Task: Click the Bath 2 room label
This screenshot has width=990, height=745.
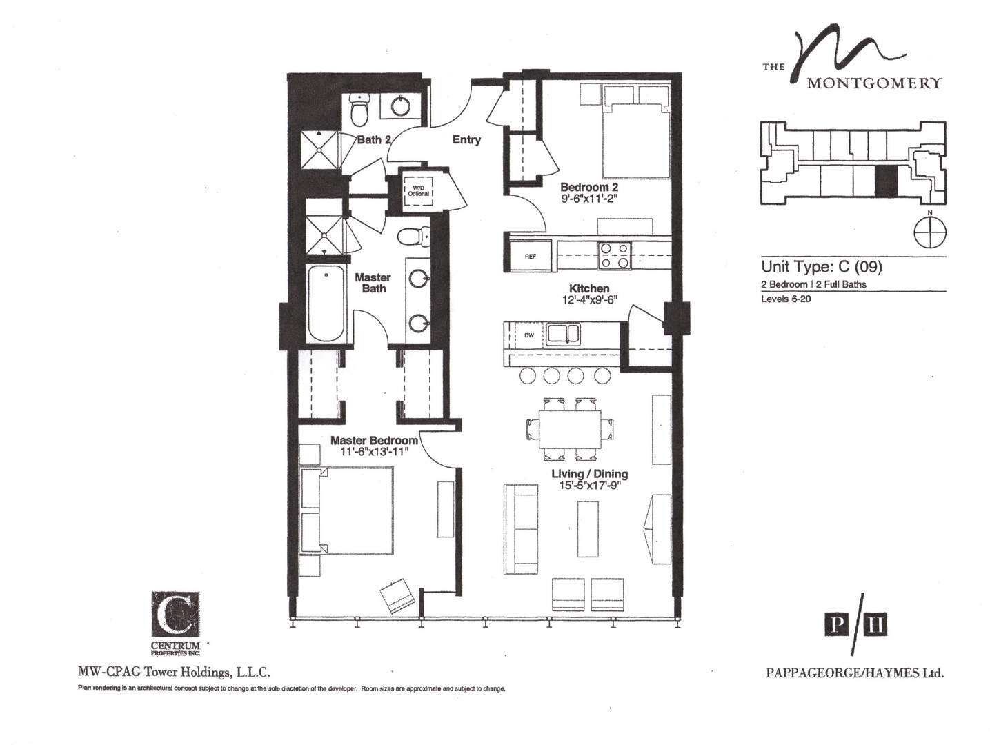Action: click(373, 140)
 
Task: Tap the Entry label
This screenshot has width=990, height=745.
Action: click(466, 140)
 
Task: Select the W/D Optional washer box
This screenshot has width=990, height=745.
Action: click(418, 190)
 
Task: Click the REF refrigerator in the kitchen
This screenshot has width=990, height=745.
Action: click(531, 256)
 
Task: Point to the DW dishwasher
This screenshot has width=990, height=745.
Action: click(529, 335)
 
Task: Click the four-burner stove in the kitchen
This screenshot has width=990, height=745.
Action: click(613, 255)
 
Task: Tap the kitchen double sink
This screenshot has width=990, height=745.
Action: click(564, 335)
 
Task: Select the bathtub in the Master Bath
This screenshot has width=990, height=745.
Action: click(326, 304)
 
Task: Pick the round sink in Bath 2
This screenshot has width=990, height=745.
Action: click(402, 106)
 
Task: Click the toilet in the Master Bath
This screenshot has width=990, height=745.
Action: click(412, 236)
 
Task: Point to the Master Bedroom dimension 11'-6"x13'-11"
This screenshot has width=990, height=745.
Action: click(375, 452)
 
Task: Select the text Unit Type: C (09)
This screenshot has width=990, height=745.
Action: click(821, 266)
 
